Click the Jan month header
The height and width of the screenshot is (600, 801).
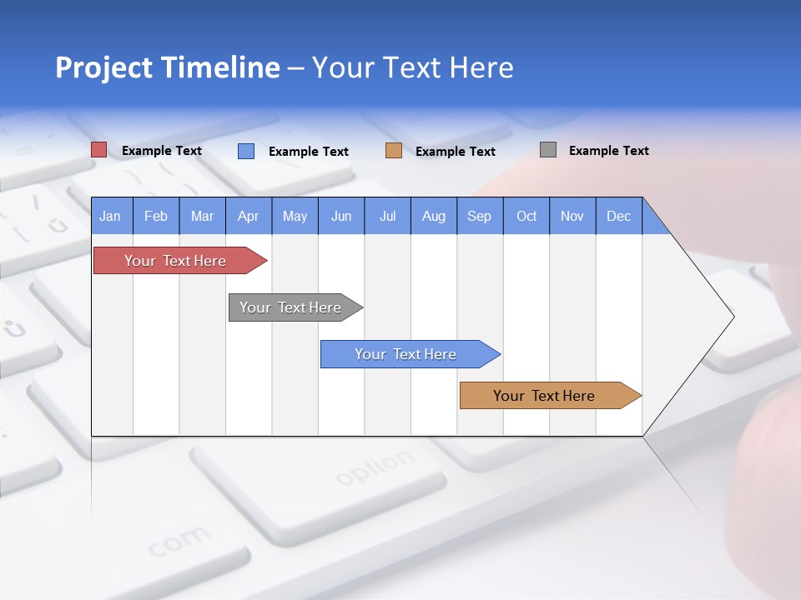click(x=111, y=216)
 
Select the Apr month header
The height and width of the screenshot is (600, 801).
click(x=249, y=216)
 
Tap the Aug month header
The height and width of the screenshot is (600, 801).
click(x=434, y=216)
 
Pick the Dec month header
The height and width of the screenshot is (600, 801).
click(x=618, y=216)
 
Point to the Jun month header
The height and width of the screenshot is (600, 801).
click(x=341, y=216)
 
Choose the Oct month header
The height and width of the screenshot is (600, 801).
click(x=526, y=216)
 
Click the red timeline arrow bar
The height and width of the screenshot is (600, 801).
click(x=175, y=261)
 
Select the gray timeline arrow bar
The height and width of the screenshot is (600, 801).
click(x=290, y=307)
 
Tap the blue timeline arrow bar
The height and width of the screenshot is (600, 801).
click(x=406, y=354)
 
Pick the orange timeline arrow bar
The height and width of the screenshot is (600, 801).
click(x=544, y=396)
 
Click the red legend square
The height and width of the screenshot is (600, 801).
click(x=99, y=150)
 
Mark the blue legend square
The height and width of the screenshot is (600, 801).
click(x=246, y=151)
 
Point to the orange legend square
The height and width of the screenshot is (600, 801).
click(x=394, y=151)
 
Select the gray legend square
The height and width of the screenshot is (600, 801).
click(x=548, y=150)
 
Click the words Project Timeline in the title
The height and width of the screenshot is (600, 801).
click(x=168, y=67)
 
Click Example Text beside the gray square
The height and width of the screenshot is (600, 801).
click(x=608, y=151)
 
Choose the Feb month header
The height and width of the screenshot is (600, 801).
click(x=156, y=216)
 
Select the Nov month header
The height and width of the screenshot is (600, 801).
click(x=572, y=216)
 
